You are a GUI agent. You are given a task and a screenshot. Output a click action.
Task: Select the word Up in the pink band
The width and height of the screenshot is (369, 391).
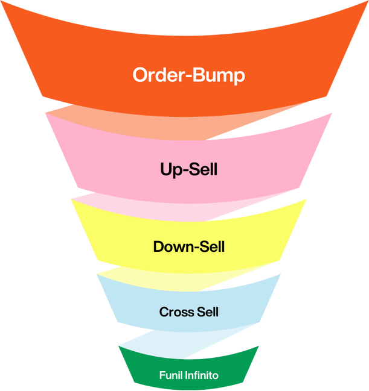tap(168, 170)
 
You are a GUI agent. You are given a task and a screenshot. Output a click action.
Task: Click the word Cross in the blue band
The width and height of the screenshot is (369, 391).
tap(176, 312)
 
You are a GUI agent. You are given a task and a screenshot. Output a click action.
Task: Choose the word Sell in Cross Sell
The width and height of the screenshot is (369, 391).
tap(207, 312)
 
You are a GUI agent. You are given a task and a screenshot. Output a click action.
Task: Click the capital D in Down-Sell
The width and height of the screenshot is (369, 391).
tap(159, 247)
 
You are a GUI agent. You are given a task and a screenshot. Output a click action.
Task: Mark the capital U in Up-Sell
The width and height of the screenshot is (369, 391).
tap(165, 169)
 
